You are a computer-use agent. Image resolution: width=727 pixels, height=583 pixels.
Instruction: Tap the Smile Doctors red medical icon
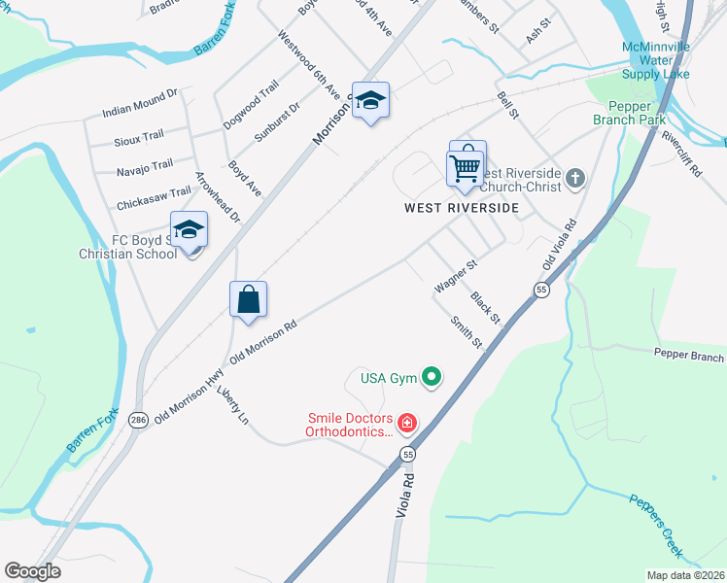pyautogui.click(x=406, y=423)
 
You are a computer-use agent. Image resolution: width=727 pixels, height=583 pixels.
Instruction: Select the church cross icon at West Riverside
pyautogui.click(x=575, y=177)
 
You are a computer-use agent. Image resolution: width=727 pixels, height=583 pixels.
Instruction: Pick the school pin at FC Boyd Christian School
pyautogui.click(x=189, y=230)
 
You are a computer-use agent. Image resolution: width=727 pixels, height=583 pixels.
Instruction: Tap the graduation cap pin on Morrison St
pyautogui.click(x=370, y=101)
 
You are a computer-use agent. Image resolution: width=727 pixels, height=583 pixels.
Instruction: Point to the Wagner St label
pyautogui.click(x=456, y=276)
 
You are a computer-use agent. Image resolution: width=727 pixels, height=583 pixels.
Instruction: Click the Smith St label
pyautogui.click(x=467, y=331)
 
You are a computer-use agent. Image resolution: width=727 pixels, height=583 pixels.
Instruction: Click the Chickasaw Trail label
pyautogui.click(x=154, y=199)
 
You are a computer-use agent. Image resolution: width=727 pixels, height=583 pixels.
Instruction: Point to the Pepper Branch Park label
pyautogui.click(x=629, y=113)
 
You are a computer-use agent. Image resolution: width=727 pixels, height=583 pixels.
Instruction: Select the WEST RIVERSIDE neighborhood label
pyautogui.click(x=462, y=208)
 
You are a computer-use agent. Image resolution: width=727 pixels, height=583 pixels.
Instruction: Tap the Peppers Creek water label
pyautogui.click(x=654, y=526)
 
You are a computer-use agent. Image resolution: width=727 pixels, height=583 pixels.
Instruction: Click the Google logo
pyautogui.click(x=32, y=571)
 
